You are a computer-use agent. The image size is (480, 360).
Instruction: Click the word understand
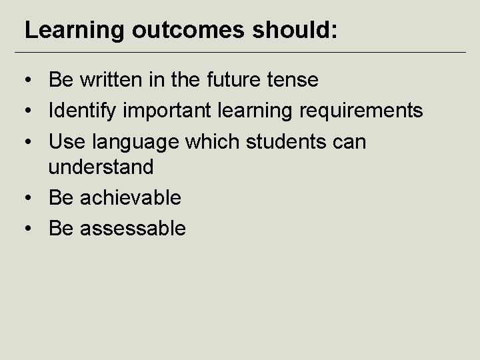pos(101,167)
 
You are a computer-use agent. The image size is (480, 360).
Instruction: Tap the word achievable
pos(130,197)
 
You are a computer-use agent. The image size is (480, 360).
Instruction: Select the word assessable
pos(133,228)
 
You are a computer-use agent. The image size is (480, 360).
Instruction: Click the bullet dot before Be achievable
pos(27,198)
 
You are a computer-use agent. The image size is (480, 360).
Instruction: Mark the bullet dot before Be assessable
pos(27,229)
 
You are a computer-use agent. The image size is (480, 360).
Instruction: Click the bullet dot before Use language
pos(27,141)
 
